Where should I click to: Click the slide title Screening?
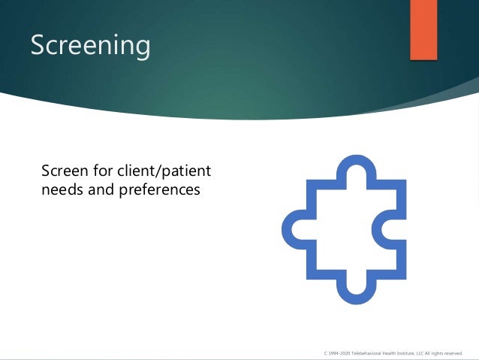coord(90,45)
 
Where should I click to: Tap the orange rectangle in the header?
coord(423,29)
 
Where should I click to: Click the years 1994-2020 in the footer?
coord(338,352)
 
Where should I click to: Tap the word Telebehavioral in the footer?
coord(363,352)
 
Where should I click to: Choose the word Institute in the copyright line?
coord(403,352)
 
